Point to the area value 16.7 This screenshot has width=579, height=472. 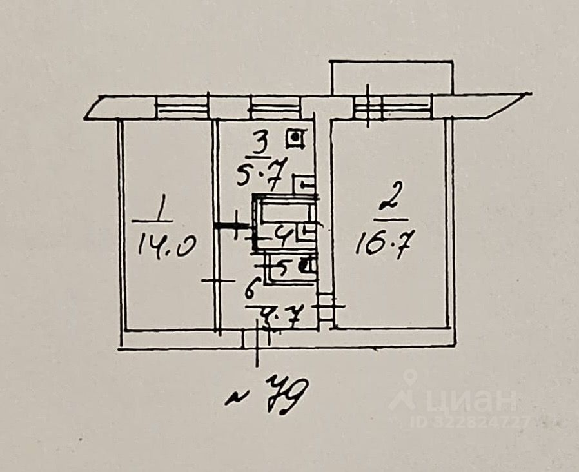pyautogui.click(x=384, y=245)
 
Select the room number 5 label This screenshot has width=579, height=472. pyautogui.click(x=282, y=264)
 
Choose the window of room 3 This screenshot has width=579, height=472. pyautogui.click(x=275, y=107)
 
